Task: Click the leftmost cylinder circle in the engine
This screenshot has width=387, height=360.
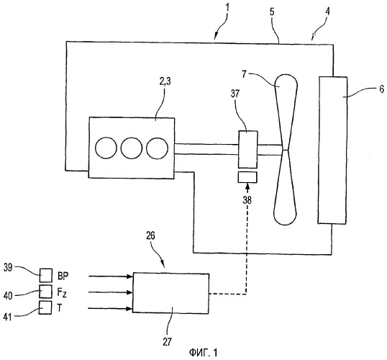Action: (106, 148)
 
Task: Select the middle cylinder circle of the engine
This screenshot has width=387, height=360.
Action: (132, 148)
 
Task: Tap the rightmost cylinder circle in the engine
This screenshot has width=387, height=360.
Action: (157, 148)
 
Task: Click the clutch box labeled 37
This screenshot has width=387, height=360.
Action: (247, 150)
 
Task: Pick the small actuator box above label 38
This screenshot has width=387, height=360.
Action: (247, 177)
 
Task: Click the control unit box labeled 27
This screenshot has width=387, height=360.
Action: (170, 293)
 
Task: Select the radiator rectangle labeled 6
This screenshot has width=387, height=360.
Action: (333, 150)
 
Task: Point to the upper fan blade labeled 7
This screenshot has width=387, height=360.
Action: (286, 112)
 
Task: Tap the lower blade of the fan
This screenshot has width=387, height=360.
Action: (285, 187)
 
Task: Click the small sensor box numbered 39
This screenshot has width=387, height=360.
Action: (45, 275)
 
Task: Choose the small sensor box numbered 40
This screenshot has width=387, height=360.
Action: (45, 292)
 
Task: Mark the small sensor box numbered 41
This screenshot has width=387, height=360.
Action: (45, 307)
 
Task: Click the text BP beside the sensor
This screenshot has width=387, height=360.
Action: (63, 276)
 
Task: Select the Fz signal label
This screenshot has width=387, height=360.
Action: (62, 293)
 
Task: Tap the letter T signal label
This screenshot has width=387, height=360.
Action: (59, 308)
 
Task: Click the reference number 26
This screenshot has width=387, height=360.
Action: (150, 235)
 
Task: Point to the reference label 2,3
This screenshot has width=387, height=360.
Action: (165, 82)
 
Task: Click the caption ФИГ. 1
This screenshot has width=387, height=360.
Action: (204, 352)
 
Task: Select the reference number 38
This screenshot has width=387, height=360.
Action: (247, 200)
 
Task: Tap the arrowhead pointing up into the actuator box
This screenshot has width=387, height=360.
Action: (247, 186)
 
